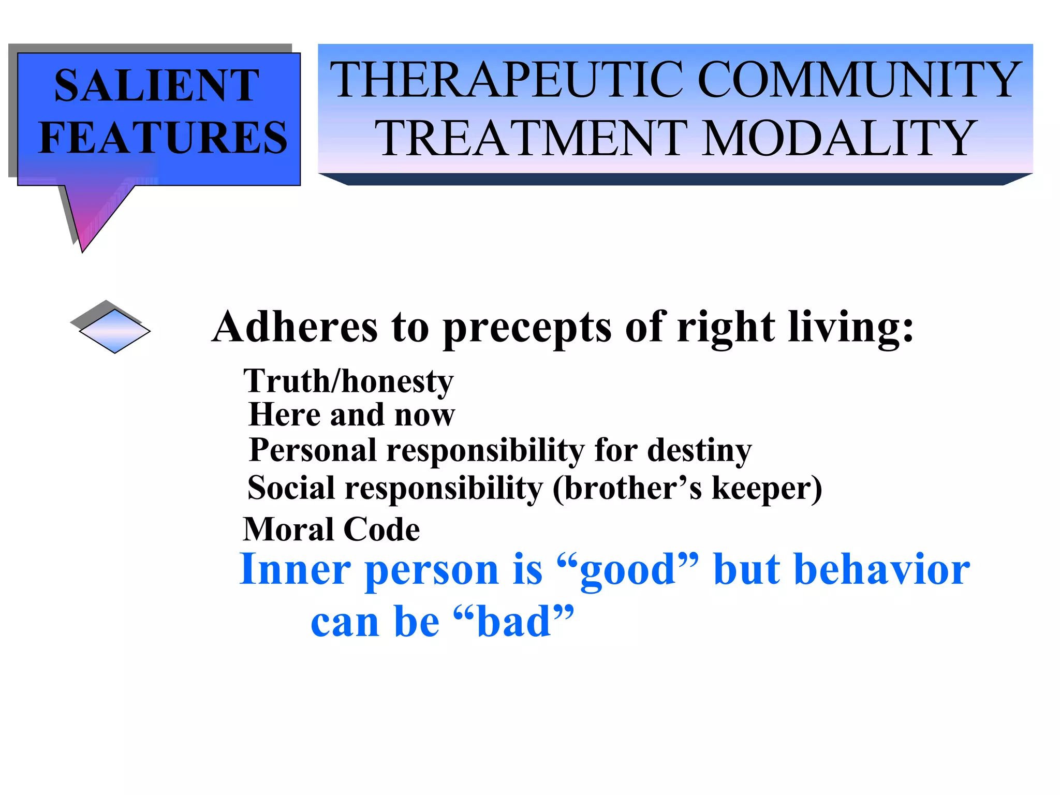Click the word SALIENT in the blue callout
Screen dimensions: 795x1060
click(156, 85)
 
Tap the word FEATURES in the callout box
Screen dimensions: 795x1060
click(163, 137)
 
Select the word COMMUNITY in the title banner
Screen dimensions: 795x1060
click(860, 80)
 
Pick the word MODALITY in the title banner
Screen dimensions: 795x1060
click(838, 138)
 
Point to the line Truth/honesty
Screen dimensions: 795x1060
click(348, 381)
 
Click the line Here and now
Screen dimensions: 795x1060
click(351, 415)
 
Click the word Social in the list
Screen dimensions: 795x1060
click(291, 488)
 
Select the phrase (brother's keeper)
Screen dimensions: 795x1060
click(687, 489)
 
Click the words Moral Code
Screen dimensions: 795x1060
click(331, 529)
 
